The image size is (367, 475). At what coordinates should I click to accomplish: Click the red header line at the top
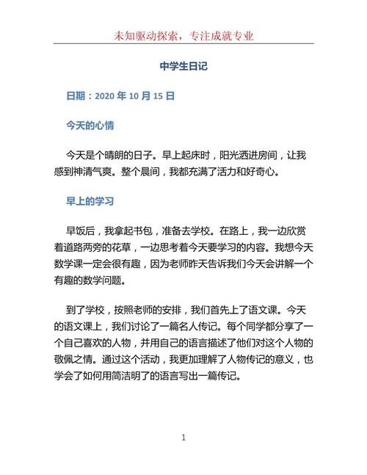183,35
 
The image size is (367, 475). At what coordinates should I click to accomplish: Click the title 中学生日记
183,66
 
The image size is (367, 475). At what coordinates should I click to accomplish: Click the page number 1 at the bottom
183,438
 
